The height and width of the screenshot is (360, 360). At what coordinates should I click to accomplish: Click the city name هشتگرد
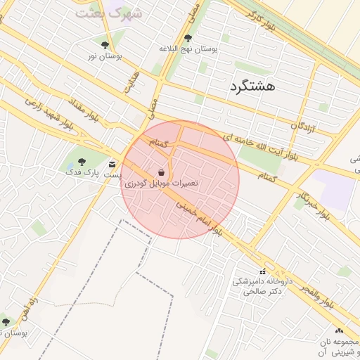[252, 86]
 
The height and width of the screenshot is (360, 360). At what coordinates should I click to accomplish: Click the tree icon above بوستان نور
[105, 45]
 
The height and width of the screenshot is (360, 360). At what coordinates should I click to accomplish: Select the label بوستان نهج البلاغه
[188, 49]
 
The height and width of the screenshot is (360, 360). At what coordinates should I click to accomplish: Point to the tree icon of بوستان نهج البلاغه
[187, 39]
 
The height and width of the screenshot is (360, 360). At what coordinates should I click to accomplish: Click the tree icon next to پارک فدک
[82, 162]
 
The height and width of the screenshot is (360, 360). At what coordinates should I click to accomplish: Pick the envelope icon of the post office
[112, 165]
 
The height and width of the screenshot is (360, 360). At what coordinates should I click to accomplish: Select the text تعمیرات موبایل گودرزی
[162, 183]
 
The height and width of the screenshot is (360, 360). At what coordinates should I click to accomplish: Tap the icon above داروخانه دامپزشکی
[262, 271]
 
